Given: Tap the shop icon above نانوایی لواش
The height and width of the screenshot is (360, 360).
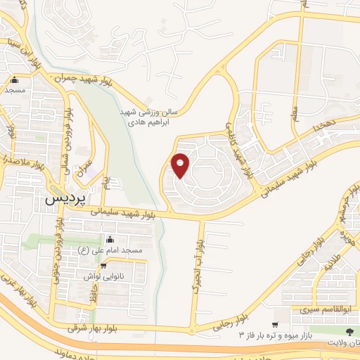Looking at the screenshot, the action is click(x=104, y=265).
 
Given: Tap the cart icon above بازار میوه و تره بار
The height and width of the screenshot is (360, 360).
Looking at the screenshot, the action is click(x=274, y=324).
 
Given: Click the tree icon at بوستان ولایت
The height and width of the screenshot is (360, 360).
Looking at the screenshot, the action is click(x=349, y=330).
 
